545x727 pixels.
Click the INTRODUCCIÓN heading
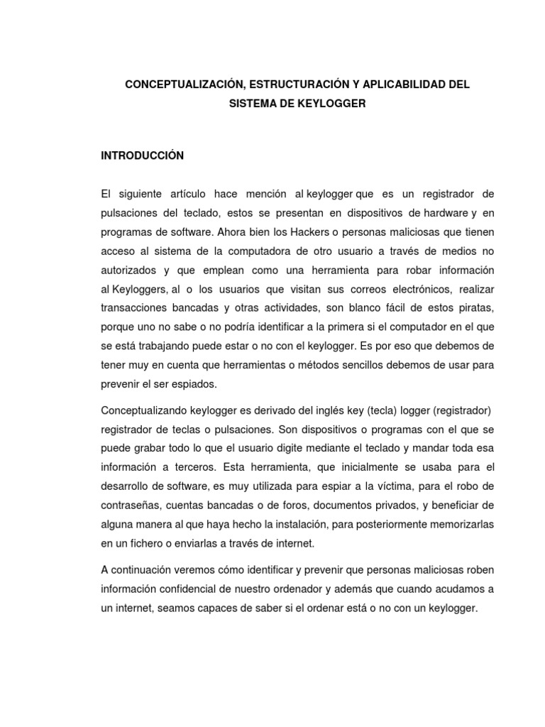(x=143, y=155)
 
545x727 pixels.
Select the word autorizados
(x=130, y=270)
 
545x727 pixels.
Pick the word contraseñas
(x=131, y=505)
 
